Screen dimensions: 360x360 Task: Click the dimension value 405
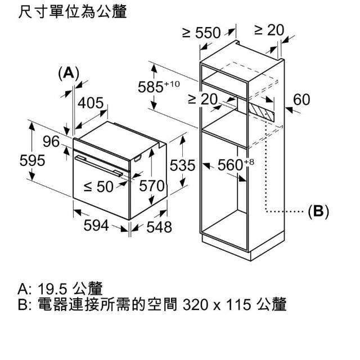[90, 103]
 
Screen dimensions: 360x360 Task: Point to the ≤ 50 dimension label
[98, 187]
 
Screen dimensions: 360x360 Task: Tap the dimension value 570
[151, 186]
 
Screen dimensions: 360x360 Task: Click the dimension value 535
[182, 166]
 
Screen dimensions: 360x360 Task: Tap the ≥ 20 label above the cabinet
[269, 30]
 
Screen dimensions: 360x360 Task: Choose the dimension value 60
[302, 100]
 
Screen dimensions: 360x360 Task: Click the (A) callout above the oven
[69, 73]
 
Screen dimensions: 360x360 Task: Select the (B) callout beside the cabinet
[318, 211]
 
